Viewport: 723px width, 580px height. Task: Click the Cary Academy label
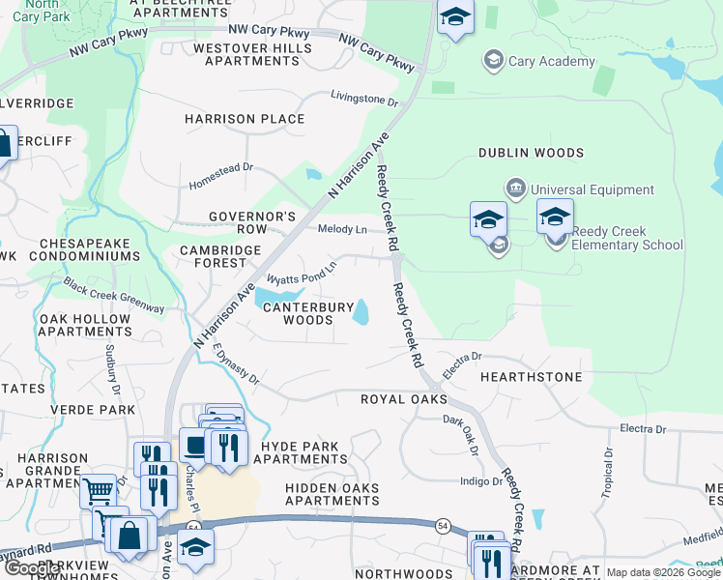pos(552,62)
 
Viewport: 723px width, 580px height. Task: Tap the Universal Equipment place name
pos(592,189)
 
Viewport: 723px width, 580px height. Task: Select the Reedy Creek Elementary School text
pos(627,238)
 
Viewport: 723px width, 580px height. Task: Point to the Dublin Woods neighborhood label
pos(531,153)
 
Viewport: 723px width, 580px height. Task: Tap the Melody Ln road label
pos(342,229)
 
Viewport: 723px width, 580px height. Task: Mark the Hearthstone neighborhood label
pos(531,376)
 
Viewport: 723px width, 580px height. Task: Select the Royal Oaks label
pos(403,398)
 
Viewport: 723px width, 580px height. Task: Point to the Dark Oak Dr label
pos(461,435)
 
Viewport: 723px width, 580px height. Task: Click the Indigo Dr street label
pos(480,480)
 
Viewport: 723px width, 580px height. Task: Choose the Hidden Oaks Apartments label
pos(332,495)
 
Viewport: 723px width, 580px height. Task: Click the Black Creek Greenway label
pos(113,295)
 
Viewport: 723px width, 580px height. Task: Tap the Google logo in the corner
pos(32,568)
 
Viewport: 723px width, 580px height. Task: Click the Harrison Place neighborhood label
pos(245,119)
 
